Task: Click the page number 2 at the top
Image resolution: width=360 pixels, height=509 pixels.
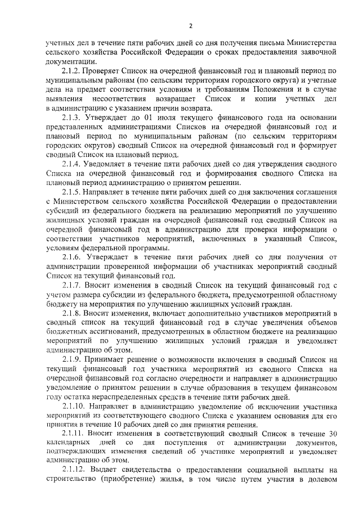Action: coord(191,25)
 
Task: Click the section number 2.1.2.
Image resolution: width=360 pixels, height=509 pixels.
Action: coord(71,71)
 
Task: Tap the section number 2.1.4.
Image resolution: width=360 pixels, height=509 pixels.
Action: coord(71,164)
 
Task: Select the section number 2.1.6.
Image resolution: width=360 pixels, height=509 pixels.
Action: coord(71,257)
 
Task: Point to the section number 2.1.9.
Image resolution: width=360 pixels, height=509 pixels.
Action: coord(71,359)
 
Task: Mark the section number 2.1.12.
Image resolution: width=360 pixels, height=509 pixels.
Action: coord(74,470)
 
